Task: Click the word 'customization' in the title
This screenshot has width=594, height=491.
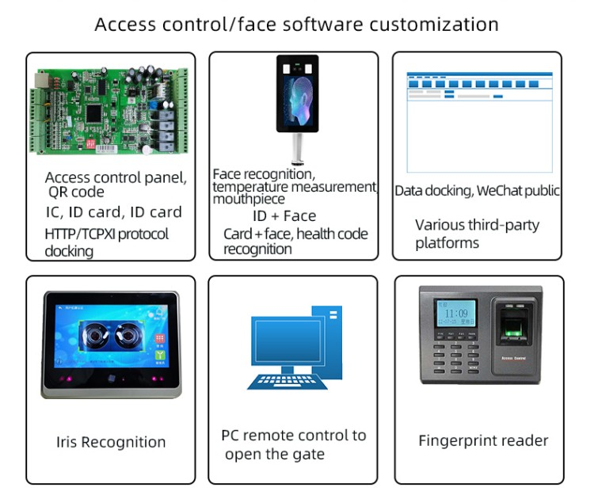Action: click(437, 24)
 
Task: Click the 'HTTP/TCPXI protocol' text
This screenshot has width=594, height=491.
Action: click(107, 234)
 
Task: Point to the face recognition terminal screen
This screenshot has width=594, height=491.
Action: click(297, 93)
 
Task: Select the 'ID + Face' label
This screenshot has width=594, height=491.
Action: click(284, 215)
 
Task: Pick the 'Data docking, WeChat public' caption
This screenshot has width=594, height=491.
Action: click(478, 190)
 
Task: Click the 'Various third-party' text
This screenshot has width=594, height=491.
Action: click(477, 225)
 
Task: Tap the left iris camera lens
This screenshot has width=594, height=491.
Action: click(95, 333)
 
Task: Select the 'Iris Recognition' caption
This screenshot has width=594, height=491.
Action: click(111, 442)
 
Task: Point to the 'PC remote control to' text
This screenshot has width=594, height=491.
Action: click(294, 436)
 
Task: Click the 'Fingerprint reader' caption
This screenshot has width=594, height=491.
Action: click(483, 441)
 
